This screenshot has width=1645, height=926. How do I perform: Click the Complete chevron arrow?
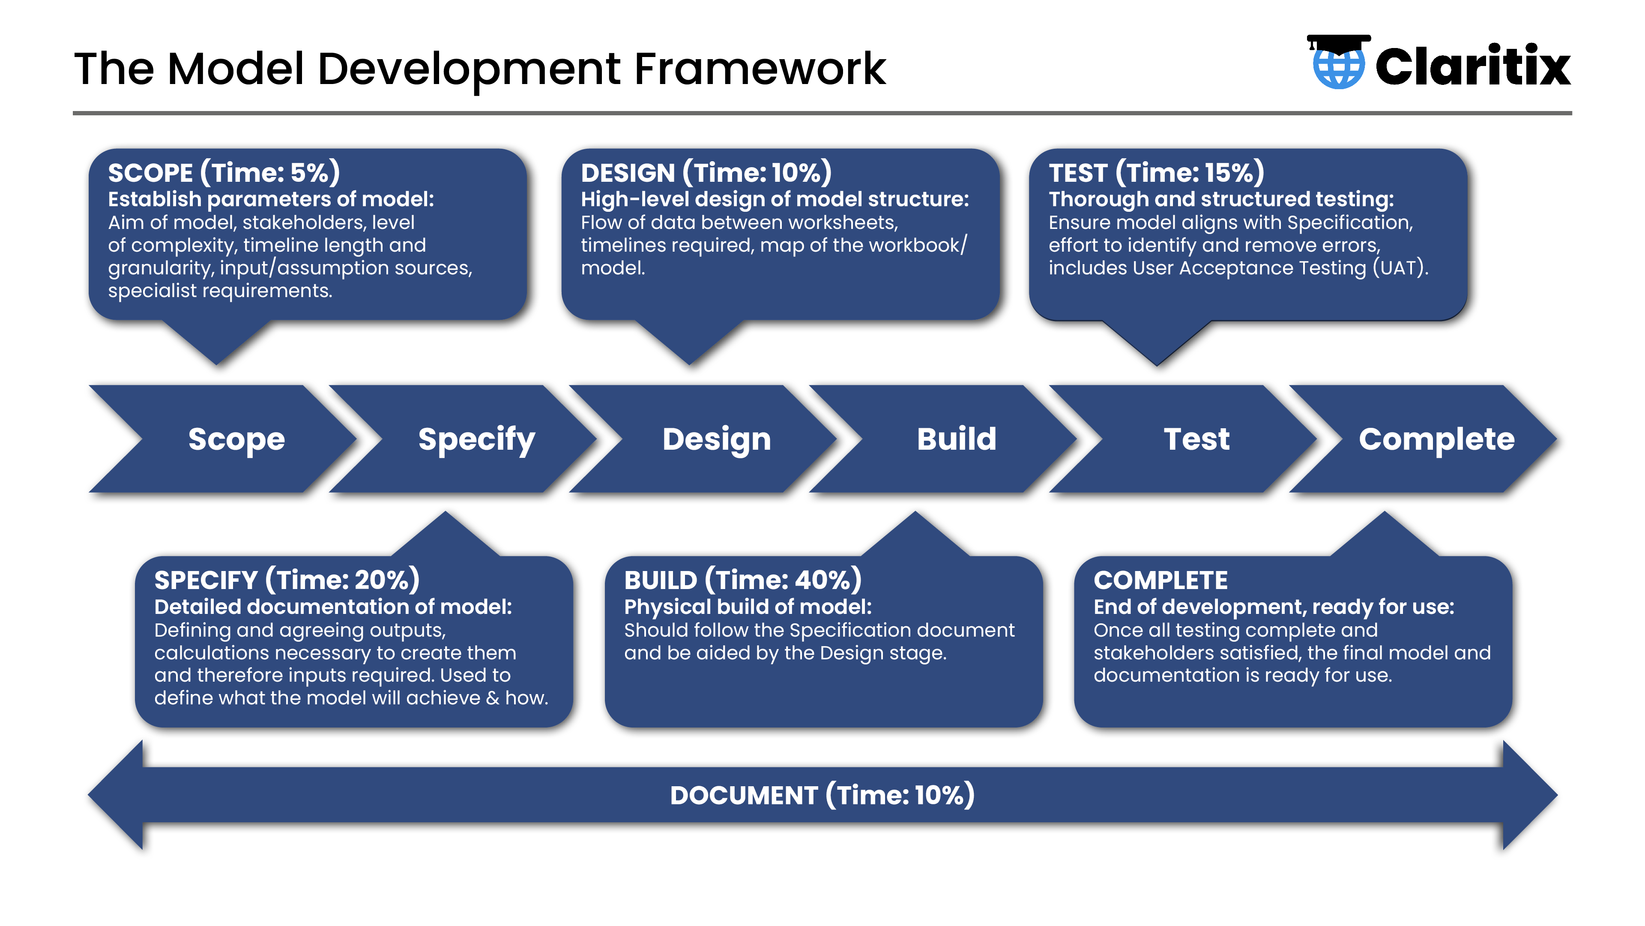[x=1424, y=439]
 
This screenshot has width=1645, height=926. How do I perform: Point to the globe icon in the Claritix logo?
[x=1339, y=66]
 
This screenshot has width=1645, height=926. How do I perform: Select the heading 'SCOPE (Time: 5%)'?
[x=224, y=172]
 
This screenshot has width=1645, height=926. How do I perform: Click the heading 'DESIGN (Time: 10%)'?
[x=706, y=172]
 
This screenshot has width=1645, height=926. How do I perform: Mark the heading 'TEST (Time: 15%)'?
[x=1157, y=172]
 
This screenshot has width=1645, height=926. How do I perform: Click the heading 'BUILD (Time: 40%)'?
[x=743, y=580]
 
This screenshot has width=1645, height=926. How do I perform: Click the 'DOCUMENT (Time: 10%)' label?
[x=822, y=795]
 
